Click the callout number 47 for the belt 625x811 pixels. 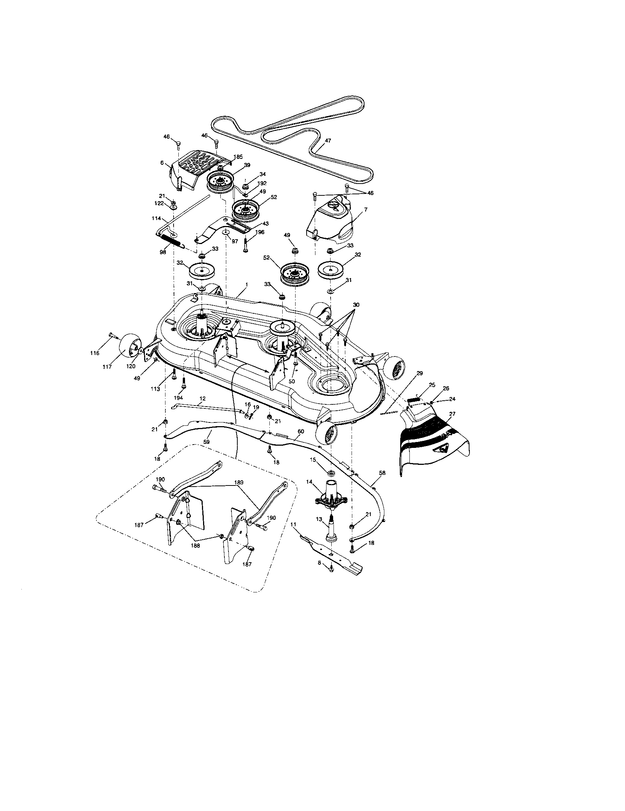click(328, 141)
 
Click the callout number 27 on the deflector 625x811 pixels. click(452, 413)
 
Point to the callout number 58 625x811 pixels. click(382, 473)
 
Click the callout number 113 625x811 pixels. click(155, 389)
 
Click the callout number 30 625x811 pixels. click(356, 304)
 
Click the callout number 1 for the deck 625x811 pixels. click(246, 284)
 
